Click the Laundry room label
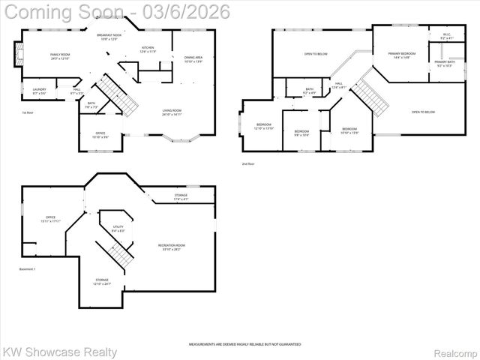pos(40,91)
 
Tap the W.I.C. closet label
pos(446,34)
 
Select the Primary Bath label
pos(444,63)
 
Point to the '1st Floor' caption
pos(27,112)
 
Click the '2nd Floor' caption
pos(248,163)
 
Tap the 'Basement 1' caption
pos(28,268)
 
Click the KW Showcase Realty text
pos(60,352)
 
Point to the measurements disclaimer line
pos(244,343)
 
